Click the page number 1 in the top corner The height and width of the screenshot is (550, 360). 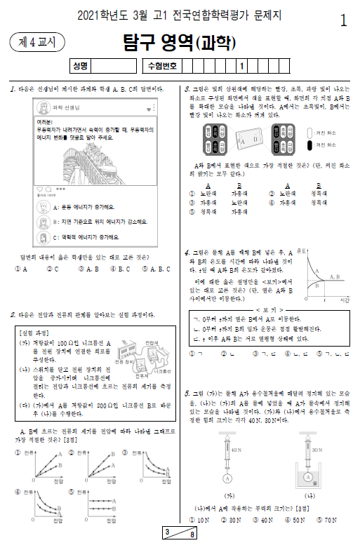[x=343, y=20]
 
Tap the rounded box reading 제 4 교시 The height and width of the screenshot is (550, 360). [x=36, y=42]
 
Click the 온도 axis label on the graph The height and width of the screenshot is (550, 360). [x=302, y=250]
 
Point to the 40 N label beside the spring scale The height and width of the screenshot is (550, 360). [x=236, y=449]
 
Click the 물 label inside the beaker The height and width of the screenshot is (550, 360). [x=316, y=481]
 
